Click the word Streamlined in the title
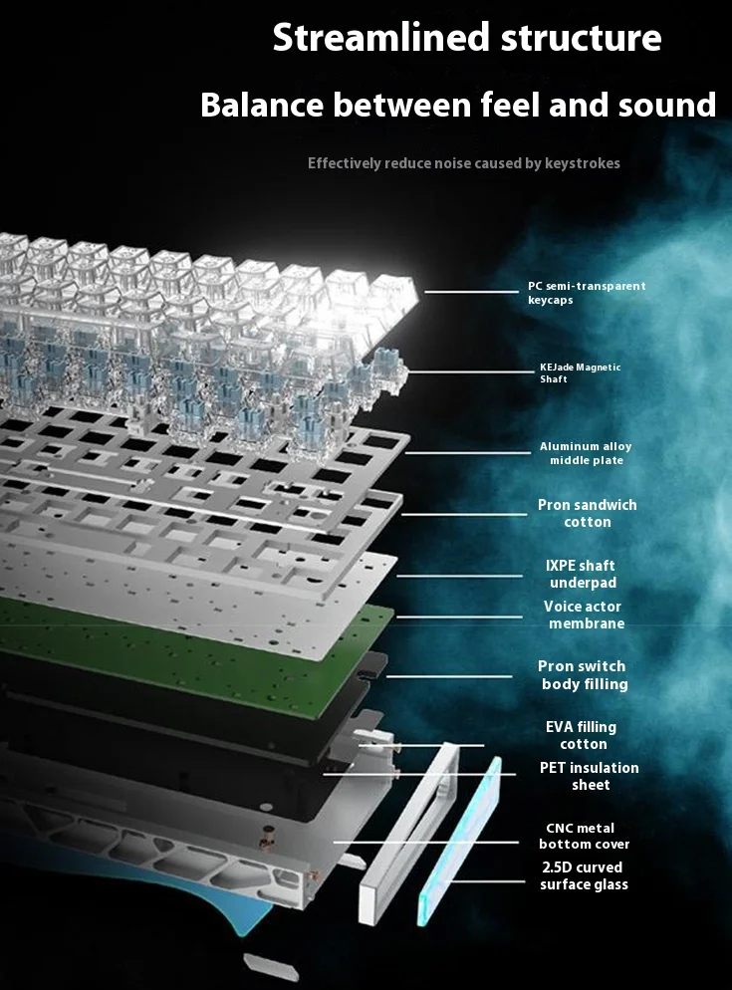(x=380, y=37)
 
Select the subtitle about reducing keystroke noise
(x=463, y=163)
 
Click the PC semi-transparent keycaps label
(x=587, y=293)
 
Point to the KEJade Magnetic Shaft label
(x=581, y=373)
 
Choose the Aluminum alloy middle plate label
(x=586, y=453)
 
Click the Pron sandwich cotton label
(x=588, y=513)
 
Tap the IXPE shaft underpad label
(x=581, y=574)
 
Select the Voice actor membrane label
(x=584, y=615)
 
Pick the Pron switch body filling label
(x=584, y=675)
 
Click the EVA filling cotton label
(x=582, y=736)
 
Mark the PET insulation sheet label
(x=590, y=776)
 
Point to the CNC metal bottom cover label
(x=584, y=836)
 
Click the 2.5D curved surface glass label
(x=584, y=875)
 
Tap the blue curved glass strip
(x=459, y=842)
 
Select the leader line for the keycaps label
(x=471, y=292)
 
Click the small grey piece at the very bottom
(x=271, y=967)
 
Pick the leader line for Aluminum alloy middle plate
(x=468, y=453)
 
